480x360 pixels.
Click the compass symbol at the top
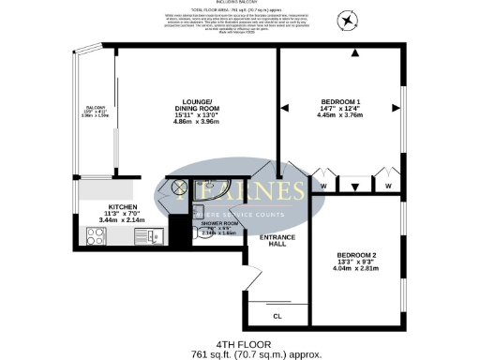(x=349, y=19)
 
